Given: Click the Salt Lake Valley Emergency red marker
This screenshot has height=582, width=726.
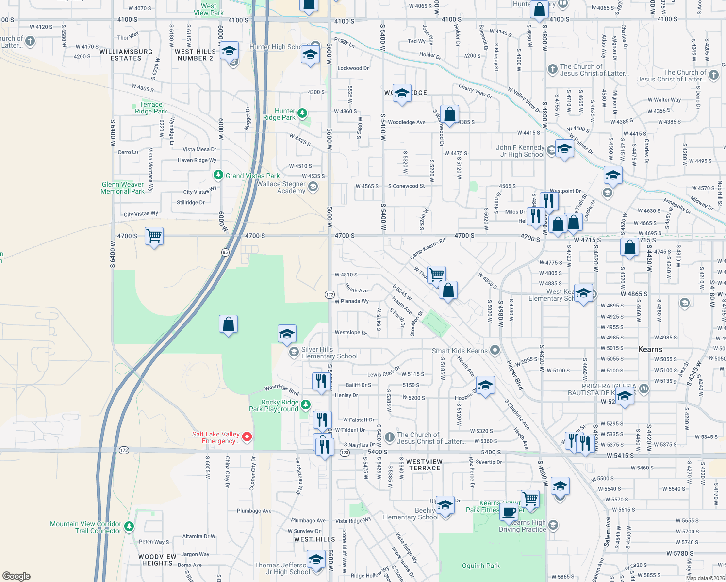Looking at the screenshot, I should pos(247,437).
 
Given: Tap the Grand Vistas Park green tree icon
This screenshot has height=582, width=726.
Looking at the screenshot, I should pos(218,175).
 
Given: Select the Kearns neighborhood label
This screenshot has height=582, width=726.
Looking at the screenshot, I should pos(650,349).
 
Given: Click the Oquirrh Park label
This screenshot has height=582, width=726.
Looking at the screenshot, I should pos(480,566).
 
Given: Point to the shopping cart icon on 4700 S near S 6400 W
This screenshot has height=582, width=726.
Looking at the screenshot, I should pos(154,236).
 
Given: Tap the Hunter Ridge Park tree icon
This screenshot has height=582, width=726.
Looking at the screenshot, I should pos(302,113).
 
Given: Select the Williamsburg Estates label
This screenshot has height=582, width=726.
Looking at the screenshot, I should pos(126,55).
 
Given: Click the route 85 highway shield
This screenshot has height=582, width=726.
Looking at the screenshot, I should pos(225,252).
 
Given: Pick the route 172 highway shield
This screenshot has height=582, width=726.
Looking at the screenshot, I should pos(330,294).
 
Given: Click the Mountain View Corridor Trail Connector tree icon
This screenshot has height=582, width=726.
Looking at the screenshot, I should pos(129,526).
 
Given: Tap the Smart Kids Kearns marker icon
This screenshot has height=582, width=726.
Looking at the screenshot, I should pos(495,350).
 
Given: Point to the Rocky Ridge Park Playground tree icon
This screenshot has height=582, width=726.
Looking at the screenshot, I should pos(305,404).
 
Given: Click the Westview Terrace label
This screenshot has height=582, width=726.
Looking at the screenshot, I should pos(424,465).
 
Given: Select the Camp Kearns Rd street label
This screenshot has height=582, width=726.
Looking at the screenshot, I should pos(428,249).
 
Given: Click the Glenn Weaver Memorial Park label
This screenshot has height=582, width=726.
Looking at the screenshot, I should pos(123,188).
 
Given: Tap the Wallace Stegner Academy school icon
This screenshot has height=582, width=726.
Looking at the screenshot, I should pos(313,187).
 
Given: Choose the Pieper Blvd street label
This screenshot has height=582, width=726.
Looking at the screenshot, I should pos(515,375).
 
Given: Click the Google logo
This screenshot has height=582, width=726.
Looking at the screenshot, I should pos(16,576).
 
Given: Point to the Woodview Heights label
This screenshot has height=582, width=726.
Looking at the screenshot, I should pos(157,560).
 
